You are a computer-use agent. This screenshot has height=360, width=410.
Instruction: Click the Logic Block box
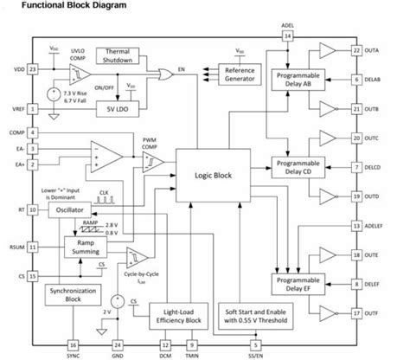coord(213,176)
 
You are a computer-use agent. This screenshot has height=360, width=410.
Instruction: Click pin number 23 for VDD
coord(32,68)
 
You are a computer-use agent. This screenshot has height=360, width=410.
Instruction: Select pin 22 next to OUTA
coord(356,50)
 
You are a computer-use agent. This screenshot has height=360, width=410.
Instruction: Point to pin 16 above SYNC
coord(48,344)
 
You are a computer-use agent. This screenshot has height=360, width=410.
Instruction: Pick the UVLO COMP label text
coord(80,57)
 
